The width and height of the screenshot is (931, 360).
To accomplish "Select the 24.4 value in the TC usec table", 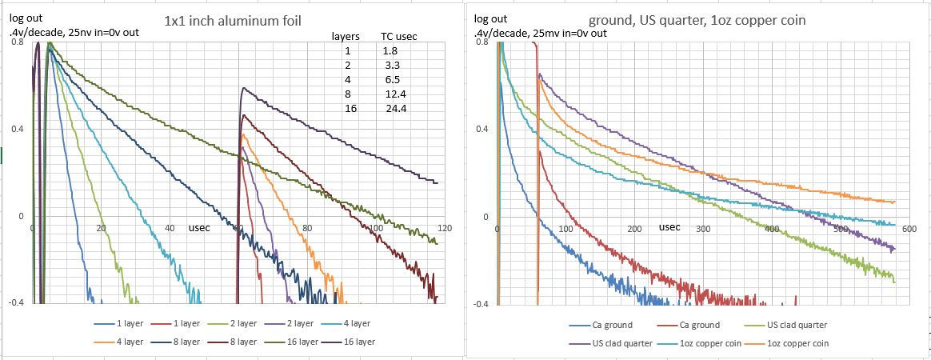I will pos(397,109).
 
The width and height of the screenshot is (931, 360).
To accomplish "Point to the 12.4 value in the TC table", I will pos(397,94).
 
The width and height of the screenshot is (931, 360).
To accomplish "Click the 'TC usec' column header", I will pos(398,37).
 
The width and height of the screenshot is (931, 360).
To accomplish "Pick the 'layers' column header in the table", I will pos(346,37).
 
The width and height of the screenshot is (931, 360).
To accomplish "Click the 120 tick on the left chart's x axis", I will pos(445,229).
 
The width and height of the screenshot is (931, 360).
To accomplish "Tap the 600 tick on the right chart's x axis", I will pos(909,229).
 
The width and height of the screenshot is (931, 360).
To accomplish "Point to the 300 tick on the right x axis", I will pos(702,229).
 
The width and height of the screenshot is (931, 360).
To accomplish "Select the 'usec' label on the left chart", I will pos(199,228).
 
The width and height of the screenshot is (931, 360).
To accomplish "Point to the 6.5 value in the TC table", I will pos(392,80).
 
